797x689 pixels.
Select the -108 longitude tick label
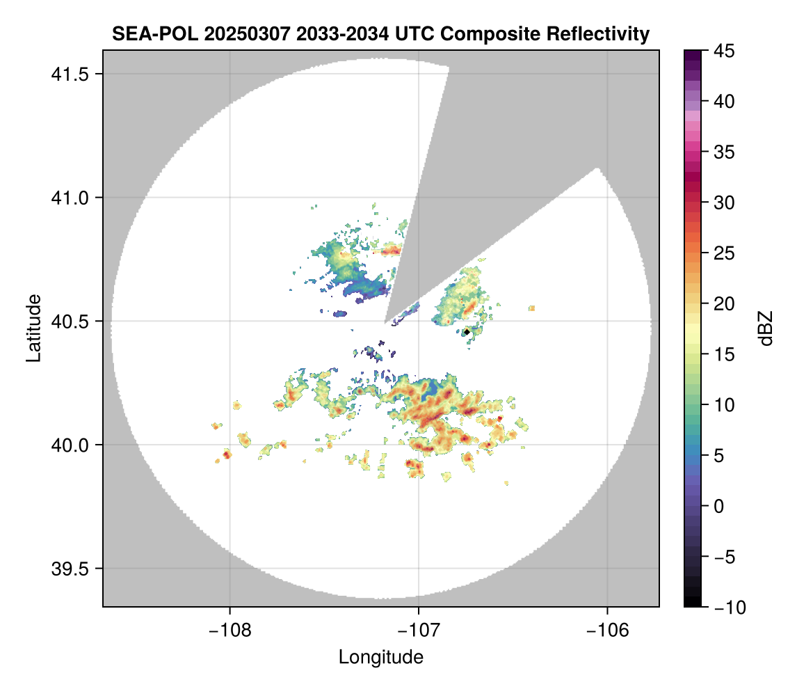tap(230, 631)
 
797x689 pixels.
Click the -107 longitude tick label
tap(419, 631)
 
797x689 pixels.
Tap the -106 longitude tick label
tap(608, 631)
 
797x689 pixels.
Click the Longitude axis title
tap(381, 657)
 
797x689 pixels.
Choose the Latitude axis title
tap(33, 328)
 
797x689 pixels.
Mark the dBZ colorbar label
tap(766, 328)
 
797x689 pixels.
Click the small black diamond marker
tap(467, 332)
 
